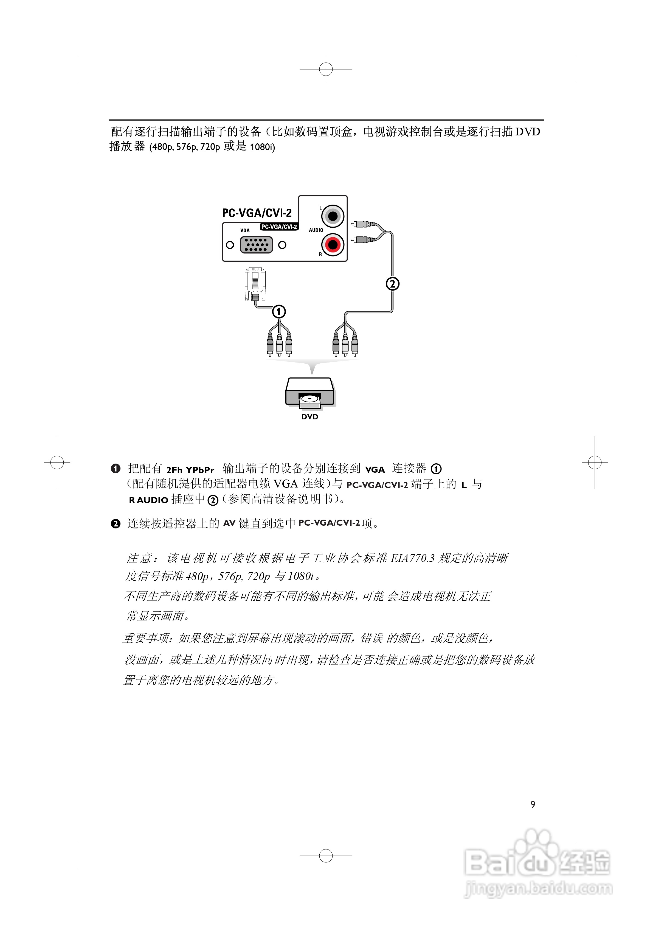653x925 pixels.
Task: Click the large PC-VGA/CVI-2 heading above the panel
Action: click(257, 213)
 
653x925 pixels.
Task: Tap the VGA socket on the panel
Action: click(256, 244)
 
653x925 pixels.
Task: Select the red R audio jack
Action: click(333, 244)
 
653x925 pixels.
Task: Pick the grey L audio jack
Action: click(333, 216)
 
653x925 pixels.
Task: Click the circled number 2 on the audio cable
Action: click(393, 284)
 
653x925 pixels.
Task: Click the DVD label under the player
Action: click(309, 417)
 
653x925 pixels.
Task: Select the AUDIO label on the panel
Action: click(316, 230)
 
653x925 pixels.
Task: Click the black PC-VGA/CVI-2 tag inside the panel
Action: click(279, 227)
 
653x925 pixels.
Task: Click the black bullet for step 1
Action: click(116, 469)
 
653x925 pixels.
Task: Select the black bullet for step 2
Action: click(116, 524)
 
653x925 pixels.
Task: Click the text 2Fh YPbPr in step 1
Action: click(190, 470)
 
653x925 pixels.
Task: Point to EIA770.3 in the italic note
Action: click(413, 558)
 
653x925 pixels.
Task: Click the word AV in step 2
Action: click(229, 524)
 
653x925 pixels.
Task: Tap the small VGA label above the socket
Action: click(245, 230)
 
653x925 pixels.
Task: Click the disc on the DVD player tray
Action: click(309, 399)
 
